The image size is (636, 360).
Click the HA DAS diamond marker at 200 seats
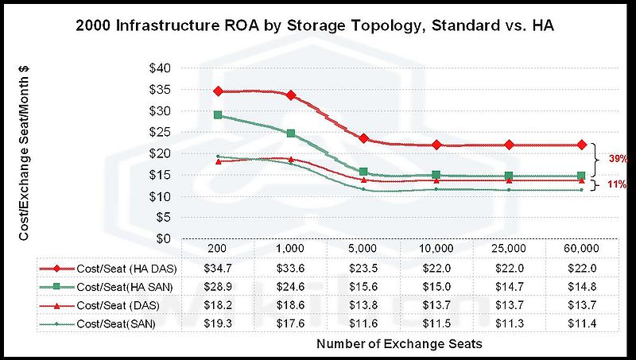click(217, 91)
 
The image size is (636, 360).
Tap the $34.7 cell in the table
click(217, 268)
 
